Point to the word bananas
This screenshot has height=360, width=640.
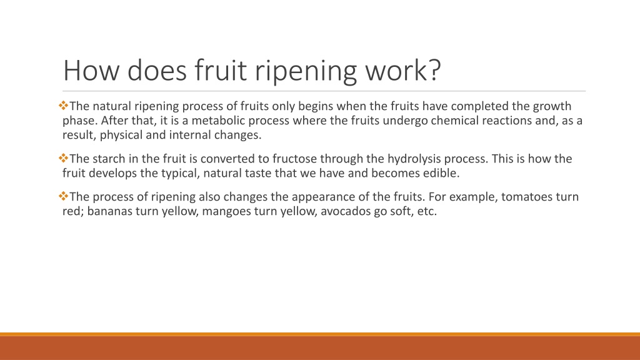[109, 211]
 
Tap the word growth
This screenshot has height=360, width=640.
[552, 106]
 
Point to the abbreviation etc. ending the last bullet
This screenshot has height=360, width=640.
[425, 211]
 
